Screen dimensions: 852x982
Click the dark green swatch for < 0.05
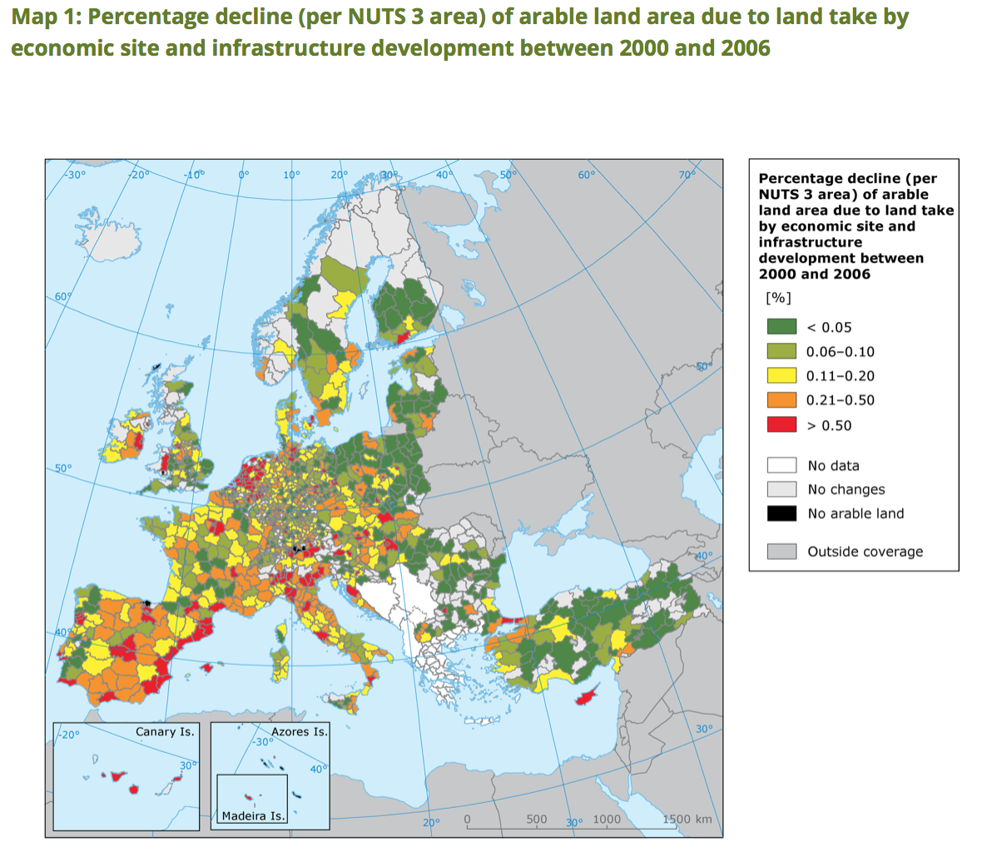click(781, 327)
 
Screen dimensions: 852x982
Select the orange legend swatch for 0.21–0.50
click(781, 400)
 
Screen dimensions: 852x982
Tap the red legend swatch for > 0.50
click(781, 425)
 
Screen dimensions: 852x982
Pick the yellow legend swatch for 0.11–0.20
click(781, 375)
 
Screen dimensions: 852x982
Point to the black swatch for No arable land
click(781, 513)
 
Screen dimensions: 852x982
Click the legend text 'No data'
click(833, 466)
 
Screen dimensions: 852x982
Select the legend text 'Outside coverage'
click(865, 552)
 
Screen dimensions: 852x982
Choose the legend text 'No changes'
click(846, 490)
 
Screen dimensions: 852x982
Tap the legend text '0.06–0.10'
click(841, 352)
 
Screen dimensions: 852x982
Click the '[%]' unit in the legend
click(778, 298)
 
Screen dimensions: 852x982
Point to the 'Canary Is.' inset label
click(165, 732)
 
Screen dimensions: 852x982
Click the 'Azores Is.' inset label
click(300, 732)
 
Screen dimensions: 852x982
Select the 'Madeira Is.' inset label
click(254, 816)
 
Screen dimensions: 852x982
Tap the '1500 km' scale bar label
click(687, 820)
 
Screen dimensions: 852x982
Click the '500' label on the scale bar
click(537, 820)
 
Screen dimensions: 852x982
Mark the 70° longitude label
click(687, 175)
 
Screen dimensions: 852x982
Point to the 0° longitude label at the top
click(244, 175)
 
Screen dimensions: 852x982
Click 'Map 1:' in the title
click(43, 17)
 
